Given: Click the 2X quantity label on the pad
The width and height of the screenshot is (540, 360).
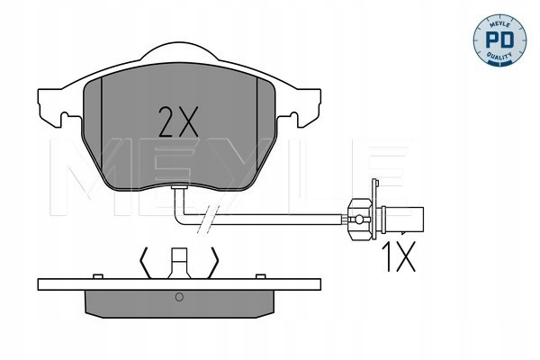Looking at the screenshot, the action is [178, 121].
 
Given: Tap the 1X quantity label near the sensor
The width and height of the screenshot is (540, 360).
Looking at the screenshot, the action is [399, 256].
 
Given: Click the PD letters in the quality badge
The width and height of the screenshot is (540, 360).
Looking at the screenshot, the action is [499, 40].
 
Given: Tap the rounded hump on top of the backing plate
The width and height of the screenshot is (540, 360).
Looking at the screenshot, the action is [179, 51].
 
